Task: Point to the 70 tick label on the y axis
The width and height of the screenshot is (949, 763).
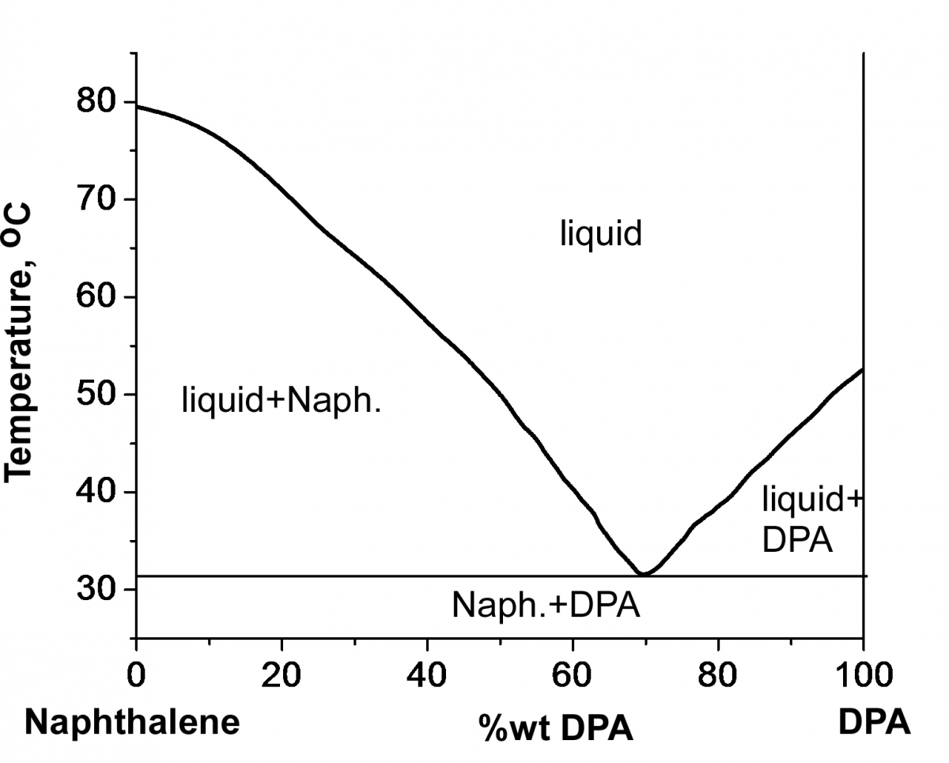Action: pyautogui.click(x=96, y=199)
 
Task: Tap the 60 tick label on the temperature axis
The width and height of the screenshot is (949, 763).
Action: pyautogui.click(x=96, y=297)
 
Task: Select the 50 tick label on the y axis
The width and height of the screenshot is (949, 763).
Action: pyautogui.click(x=96, y=395)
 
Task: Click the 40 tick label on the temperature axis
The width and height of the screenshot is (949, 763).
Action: pyautogui.click(x=96, y=492)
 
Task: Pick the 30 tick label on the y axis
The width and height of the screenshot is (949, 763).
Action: pyautogui.click(x=96, y=590)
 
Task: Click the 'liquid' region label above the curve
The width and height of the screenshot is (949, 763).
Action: pyautogui.click(x=600, y=234)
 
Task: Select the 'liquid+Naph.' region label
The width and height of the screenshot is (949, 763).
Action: pyautogui.click(x=282, y=400)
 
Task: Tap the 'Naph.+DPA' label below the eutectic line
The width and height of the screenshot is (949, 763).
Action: pyautogui.click(x=546, y=606)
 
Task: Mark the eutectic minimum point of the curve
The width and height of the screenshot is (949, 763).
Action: pyautogui.click(x=644, y=573)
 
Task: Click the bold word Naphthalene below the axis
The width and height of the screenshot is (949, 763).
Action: pyautogui.click(x=132, y=723)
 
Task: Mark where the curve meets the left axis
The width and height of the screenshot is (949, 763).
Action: pyautogui.click(x=137, y=106)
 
